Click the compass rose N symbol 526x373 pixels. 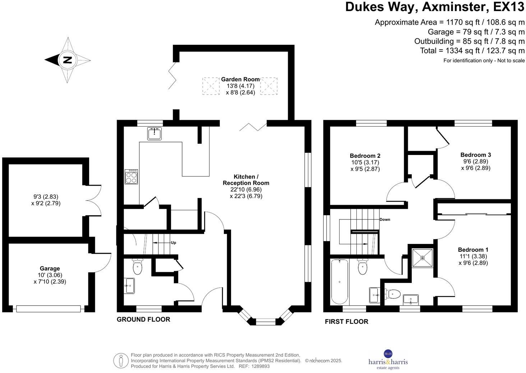point(67,60)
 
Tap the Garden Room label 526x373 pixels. point(240,79)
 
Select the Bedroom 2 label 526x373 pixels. point(365,156)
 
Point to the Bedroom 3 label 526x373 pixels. point(475,155)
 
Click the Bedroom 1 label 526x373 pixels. point(473,250)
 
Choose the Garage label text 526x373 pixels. point(50,268)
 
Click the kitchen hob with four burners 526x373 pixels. point(131,177)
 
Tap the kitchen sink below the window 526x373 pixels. point(155,133)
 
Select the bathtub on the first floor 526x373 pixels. point(340,281)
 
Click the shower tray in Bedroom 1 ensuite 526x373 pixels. point(422,258)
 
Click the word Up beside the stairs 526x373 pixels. point(174,243)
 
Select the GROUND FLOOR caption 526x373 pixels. point(143,320)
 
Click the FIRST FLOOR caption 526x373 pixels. point(346,322)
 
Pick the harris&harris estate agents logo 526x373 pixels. point(388,359)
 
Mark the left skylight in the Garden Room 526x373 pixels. point(211,86)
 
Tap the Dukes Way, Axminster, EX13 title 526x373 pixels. point(435,7)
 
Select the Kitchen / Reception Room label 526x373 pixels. point(246,180)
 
